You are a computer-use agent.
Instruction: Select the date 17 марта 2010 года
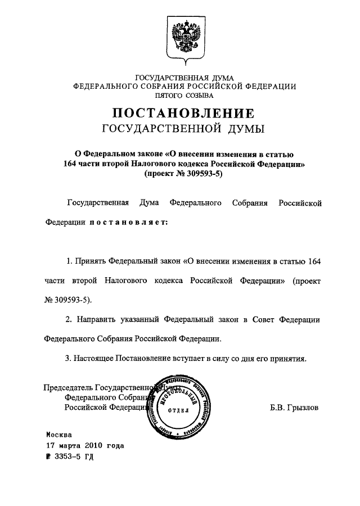pos(84,445)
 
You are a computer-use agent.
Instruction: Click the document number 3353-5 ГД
pos(73,456)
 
